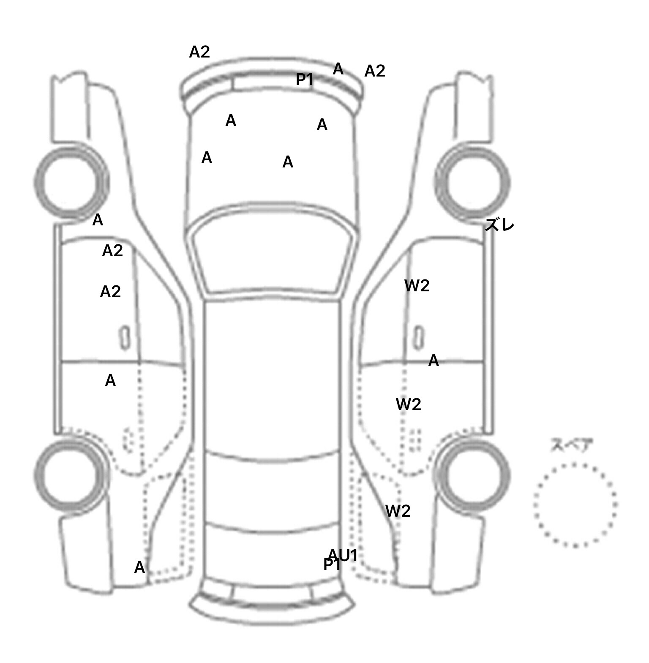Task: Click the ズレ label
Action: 499,225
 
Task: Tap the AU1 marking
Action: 343,555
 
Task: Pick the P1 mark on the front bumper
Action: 304,79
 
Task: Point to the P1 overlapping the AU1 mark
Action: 331,564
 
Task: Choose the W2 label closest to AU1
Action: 398,511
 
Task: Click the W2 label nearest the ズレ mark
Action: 417,286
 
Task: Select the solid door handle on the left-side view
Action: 125,338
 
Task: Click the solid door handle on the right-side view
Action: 418,338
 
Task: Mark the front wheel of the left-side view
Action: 71,183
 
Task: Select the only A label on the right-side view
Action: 434,361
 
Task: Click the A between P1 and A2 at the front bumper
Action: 338,68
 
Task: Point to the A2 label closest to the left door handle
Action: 110,292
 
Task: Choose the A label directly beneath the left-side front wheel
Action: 98,220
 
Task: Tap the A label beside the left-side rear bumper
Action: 139,567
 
